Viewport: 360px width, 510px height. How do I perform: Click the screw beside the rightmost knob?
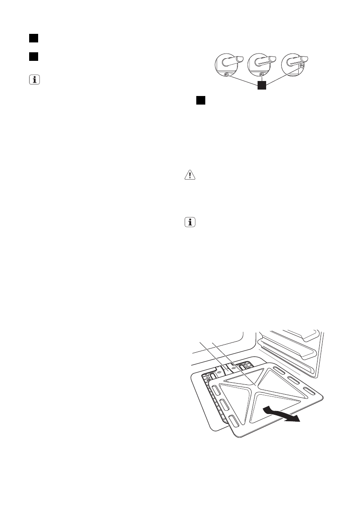(x=302, y=66)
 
